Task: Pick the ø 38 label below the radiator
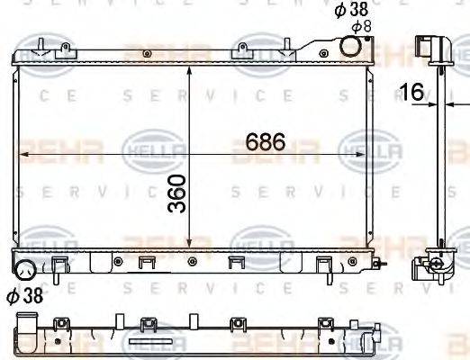[25, 293]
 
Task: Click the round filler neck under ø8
[351, 48]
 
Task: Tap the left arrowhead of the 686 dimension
[23, 156]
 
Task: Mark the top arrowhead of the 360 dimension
[189, 70]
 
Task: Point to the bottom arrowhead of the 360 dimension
[189, 242]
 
